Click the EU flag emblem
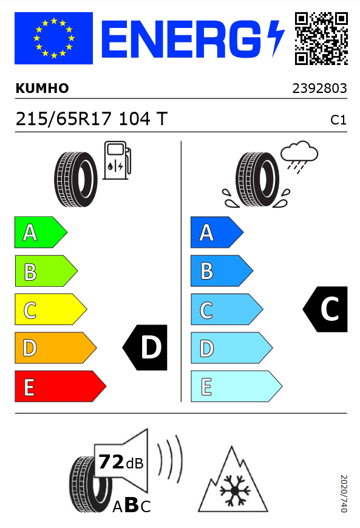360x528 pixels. click(53, 38)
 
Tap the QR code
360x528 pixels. click(321, 38)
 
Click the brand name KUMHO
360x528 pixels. click(42, 88)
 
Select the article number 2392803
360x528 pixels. click(319, 89)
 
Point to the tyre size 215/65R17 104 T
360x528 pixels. click(92, 119)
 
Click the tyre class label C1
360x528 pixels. click(338, 120)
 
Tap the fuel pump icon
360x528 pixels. click(117, 160)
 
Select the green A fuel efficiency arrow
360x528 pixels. click(41, 232)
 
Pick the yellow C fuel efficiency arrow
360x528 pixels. click(51, 309)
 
